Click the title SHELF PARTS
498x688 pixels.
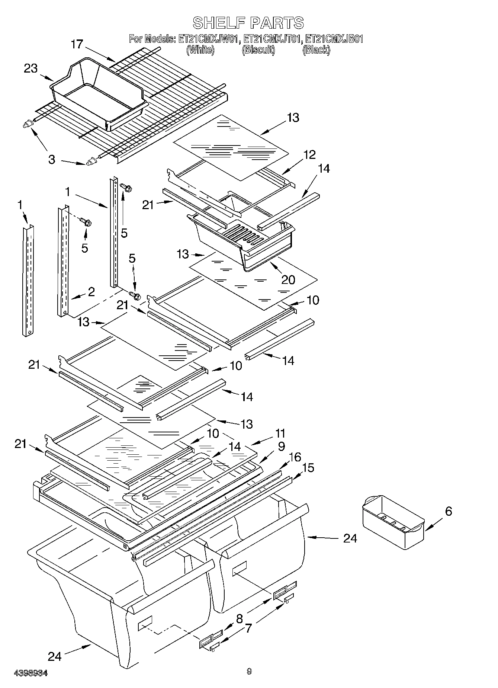(x=248, y=23)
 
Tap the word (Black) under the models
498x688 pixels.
(x=316, y=49)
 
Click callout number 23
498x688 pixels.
(x=31, y=68)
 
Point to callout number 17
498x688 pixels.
(x=77, y=44)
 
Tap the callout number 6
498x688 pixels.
(x=448, y=511)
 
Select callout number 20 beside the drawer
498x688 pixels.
(x=288, y=279)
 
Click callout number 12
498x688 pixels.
(x=309, y=155)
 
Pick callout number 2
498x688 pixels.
(x=91, y=291)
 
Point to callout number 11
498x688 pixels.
(x=280, y=433)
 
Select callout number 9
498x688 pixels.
(x=281, y=445)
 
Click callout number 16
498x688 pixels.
(x=295, y=457)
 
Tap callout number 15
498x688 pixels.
(x=308, y=468)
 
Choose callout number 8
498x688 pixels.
(x=239, y=618)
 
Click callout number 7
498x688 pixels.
(x=248, y=628)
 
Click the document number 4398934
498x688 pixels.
(x=30, y=673)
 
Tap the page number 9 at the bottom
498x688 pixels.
(x=249, y=671)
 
